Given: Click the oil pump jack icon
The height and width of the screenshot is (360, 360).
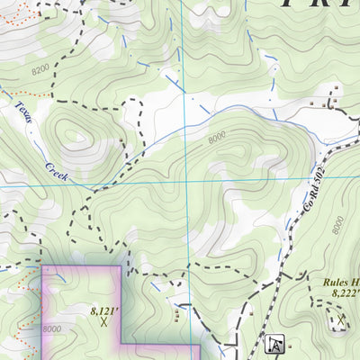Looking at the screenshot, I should point(275,344).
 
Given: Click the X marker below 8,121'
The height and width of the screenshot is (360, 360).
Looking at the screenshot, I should point(104,320).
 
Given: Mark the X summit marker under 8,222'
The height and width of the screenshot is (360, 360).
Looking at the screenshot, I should point(341,320).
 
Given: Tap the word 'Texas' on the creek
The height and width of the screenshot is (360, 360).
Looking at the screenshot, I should point(22,115).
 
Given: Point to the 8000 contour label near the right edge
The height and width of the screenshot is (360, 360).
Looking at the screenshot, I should point(337,224).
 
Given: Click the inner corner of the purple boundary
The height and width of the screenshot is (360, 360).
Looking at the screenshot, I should point(121,345).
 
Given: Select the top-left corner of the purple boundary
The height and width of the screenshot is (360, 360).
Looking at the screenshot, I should point(43,267).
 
